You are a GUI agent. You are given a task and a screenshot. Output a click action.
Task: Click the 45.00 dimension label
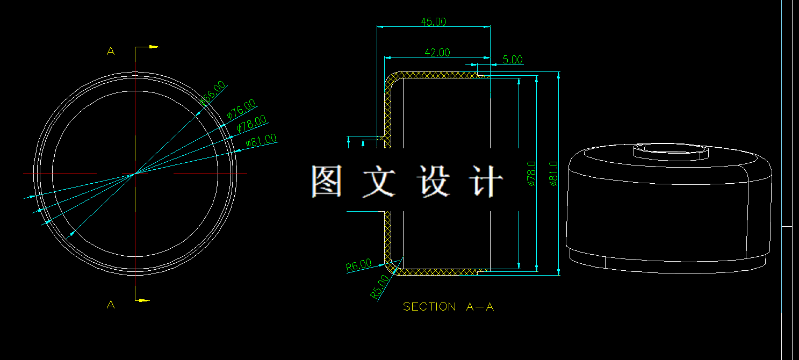tap(433, 22)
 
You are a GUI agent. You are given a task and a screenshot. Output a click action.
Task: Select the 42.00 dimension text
tap(437, 52)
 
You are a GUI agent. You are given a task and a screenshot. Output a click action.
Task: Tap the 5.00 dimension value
tap(512, 60)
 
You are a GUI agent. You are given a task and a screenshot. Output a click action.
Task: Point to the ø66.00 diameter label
tap(213, 93)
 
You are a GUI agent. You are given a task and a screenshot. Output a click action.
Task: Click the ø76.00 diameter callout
tap(241, 109)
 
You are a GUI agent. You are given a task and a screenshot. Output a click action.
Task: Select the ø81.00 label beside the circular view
tap(261, 141)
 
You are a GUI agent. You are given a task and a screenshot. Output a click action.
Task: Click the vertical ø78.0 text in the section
tap(532, 174)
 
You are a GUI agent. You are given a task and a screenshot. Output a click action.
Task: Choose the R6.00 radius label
tap(358, 265)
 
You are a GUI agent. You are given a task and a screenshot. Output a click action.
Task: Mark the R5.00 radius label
tap(379, 286)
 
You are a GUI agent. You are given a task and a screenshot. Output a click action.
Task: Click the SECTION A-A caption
tap(448, 307)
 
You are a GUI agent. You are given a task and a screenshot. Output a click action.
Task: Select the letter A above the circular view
tap(111, 52)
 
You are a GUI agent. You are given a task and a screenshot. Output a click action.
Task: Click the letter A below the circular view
tap(111, 305)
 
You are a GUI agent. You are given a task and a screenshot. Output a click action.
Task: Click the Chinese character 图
tap(326, 181)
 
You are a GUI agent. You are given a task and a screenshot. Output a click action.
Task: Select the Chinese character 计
tap(487, 181)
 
